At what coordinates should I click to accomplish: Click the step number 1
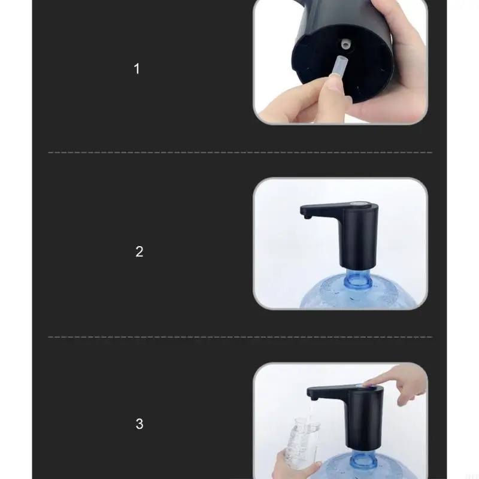point(137,69)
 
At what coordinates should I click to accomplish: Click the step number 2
point(140,251)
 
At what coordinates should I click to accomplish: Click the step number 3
point(140,424)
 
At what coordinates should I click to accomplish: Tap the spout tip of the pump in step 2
point(305,217)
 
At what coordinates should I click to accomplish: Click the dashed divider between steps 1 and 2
point(239,153)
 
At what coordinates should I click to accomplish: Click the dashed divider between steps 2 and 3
point(239,336)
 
